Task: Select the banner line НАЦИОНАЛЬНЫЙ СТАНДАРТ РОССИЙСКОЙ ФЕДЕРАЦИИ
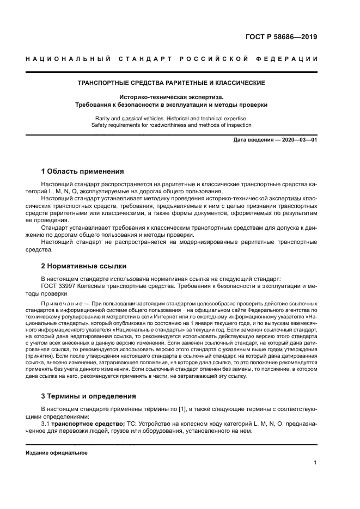(172, 59)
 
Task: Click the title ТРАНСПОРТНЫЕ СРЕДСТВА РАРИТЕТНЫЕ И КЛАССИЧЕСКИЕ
(172, 83)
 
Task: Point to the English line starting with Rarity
(172, 118)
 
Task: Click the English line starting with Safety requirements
(172, 125)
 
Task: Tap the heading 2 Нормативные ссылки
(84, 266)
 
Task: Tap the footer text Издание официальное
(56, 452)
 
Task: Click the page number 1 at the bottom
(315, 463)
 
